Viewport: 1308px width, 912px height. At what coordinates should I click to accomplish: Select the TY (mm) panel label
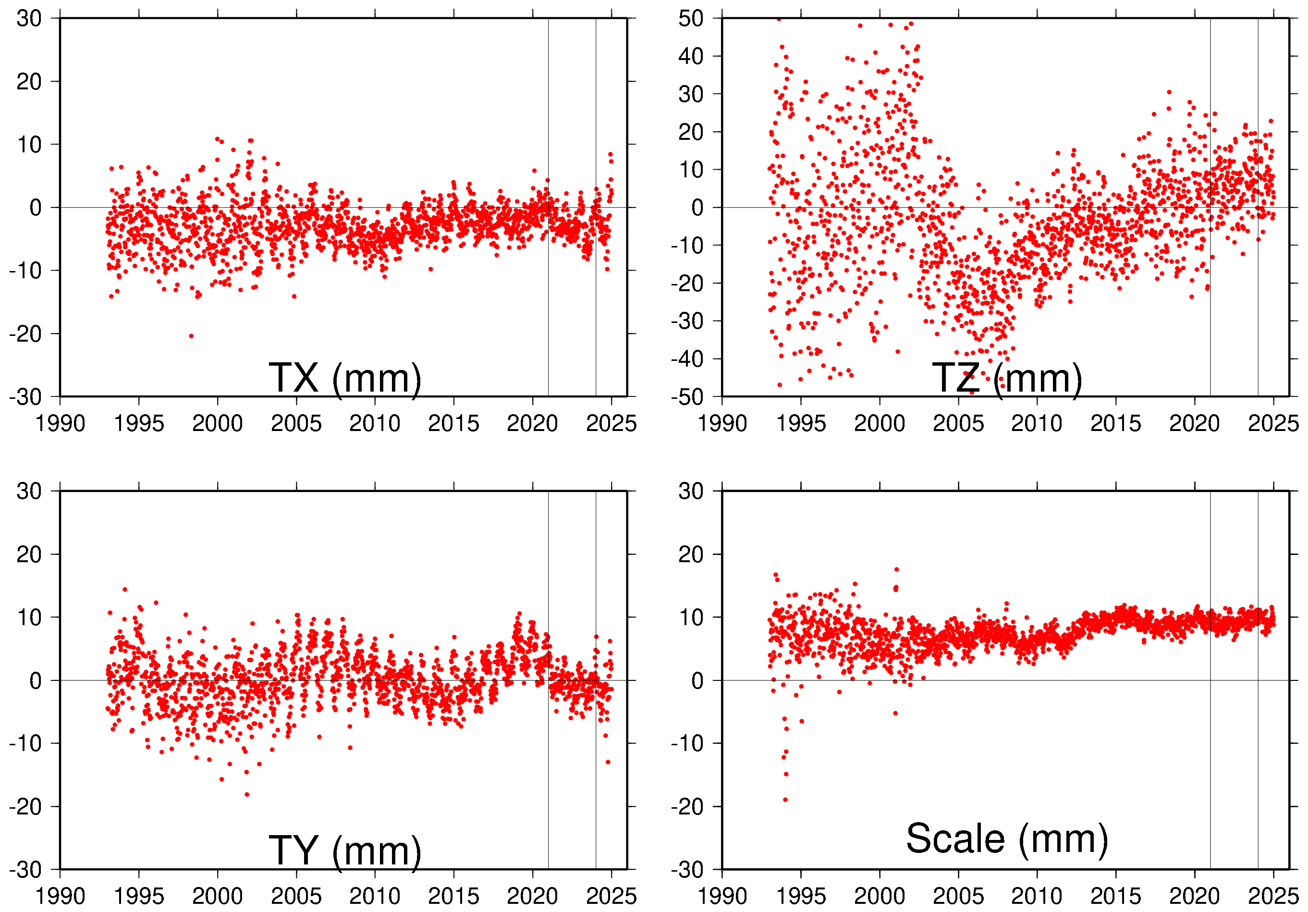tap(345, 850)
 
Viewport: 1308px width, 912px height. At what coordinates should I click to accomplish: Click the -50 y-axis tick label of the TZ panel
tap(687, 397)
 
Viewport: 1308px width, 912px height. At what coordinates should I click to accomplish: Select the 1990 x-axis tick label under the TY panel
tap(61, 897)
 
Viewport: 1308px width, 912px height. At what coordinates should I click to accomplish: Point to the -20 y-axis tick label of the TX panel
tap(25, 334)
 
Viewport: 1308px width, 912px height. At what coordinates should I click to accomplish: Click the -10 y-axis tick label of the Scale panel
tap(687, 744)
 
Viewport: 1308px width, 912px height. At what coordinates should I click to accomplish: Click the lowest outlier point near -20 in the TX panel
tap(191, 336)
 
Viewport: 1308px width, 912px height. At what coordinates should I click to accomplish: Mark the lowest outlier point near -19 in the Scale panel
tap(785, 800)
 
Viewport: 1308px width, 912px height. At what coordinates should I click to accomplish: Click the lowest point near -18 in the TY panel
tap(247, 795)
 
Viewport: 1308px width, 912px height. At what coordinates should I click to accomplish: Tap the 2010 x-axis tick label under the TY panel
tap(375, 897)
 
